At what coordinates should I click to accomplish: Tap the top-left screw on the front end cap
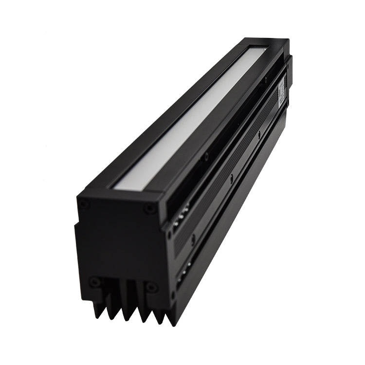(84, 204)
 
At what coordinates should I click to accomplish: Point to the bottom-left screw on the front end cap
(95, 282)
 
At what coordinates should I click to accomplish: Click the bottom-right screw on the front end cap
(151, 287)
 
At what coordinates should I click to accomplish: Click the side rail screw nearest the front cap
(193, 239)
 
